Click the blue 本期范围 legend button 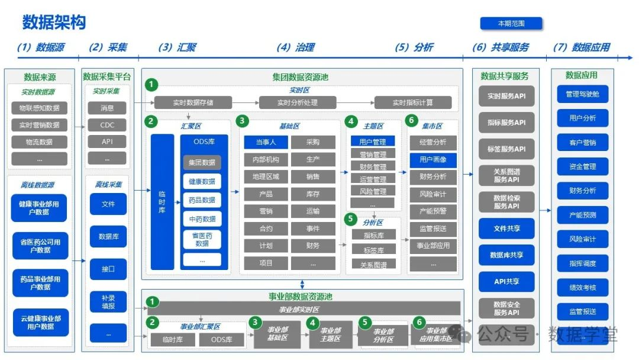(x=511, y=24)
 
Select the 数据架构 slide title (x=54, y=22)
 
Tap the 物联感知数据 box (x=39, y=108)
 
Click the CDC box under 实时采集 (x=107, y=125)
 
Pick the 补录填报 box (x=108, y=301)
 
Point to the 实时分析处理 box (x=298, y=102)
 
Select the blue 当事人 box (x=266, y=142)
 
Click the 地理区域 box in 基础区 (x=266, y=176)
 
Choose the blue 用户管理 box (x=373, y=142)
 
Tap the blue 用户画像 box (x=433, y=159)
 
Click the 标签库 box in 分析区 (x=373, y=250)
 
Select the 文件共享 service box (x=506, y=229)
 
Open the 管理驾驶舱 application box (x=583, y=94)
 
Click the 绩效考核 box (x=583, y=288)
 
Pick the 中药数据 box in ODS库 (x=202, y=218)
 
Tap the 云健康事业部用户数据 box (x=40, y=322)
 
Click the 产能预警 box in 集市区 (x=433, y=211)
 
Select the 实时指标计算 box (x=413, y=102)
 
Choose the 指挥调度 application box (x=583, y=263)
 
